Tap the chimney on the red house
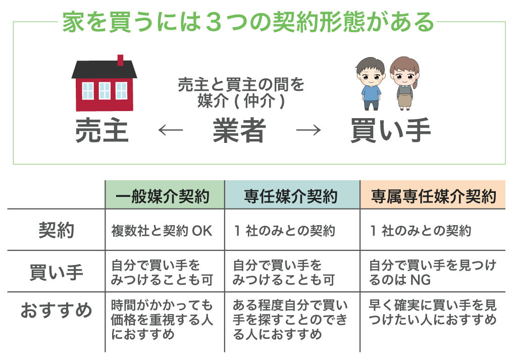(x=120, y=60)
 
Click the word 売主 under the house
(x=102, y=130)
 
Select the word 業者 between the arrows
(x=239, y=130)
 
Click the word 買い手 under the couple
(x=391, y=130)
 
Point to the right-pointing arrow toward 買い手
(x=308, y=130)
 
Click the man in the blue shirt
(x=371, y=84)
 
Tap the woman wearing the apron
(x=404, y=84)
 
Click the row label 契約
(x=57, y=230)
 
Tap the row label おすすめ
(x=57, y=310)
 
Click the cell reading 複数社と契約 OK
(x=162, y=231)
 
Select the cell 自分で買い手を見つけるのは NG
(x=432, y=272)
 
